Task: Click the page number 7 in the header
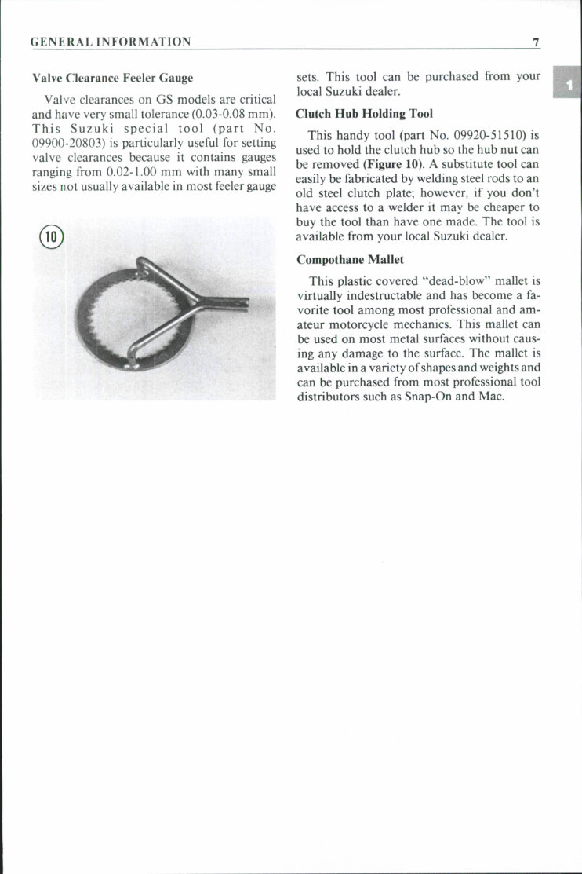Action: (x=535, y=42)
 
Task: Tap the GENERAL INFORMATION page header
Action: (x=110, y=42)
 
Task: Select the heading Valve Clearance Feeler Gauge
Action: (x=112, y=79)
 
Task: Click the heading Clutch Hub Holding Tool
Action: (x=364, y=114)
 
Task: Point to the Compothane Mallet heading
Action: (x=350, y=260)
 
